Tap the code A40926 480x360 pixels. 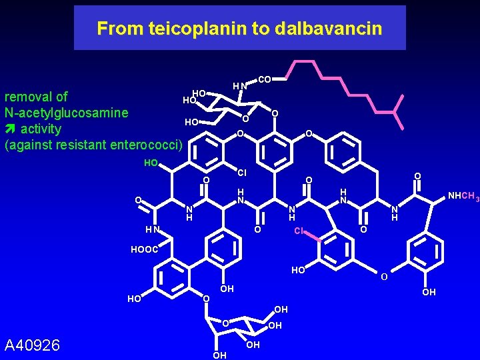(x=32, y=345)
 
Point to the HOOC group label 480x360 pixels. (x=144, y=249)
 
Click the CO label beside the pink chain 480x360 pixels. (x=264, y=80)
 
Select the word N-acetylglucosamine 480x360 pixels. (x=66, y=113)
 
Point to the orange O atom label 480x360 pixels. (x=384, y=277)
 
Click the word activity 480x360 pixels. (x=41, y=129)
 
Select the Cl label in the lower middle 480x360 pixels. (x=299, y=231)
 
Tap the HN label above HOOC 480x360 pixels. (x=153, y=231)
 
